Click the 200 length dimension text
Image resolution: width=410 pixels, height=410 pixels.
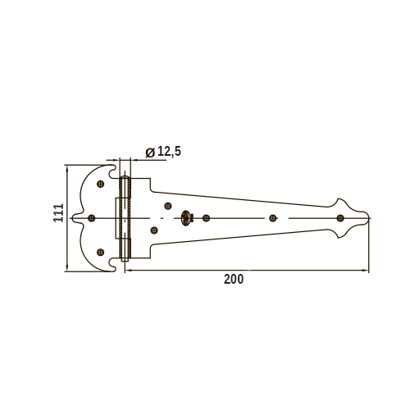point(234,280)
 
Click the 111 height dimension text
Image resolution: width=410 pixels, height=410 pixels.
point(58,213)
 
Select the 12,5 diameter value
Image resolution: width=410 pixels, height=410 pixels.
point(169,151)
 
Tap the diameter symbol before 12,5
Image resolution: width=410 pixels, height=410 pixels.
point(150,153)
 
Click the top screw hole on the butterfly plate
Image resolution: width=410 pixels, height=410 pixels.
point(101,184)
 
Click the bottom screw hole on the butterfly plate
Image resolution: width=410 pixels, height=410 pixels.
point(101,252)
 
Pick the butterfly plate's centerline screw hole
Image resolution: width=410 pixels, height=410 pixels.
point(92,218)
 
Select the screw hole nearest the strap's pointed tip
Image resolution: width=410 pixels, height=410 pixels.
point(340,218)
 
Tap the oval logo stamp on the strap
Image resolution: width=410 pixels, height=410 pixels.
point(185,218)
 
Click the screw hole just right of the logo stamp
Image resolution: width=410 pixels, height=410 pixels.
point(206,218)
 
